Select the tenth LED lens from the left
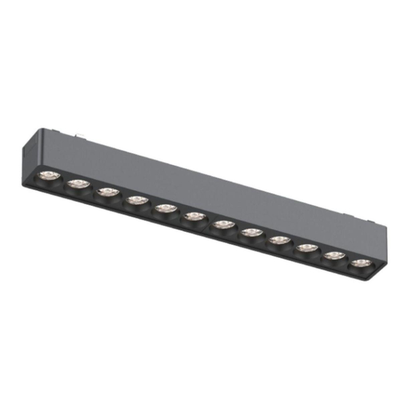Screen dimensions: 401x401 307,247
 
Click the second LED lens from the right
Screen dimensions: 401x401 335,255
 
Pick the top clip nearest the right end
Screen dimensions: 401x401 365,215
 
